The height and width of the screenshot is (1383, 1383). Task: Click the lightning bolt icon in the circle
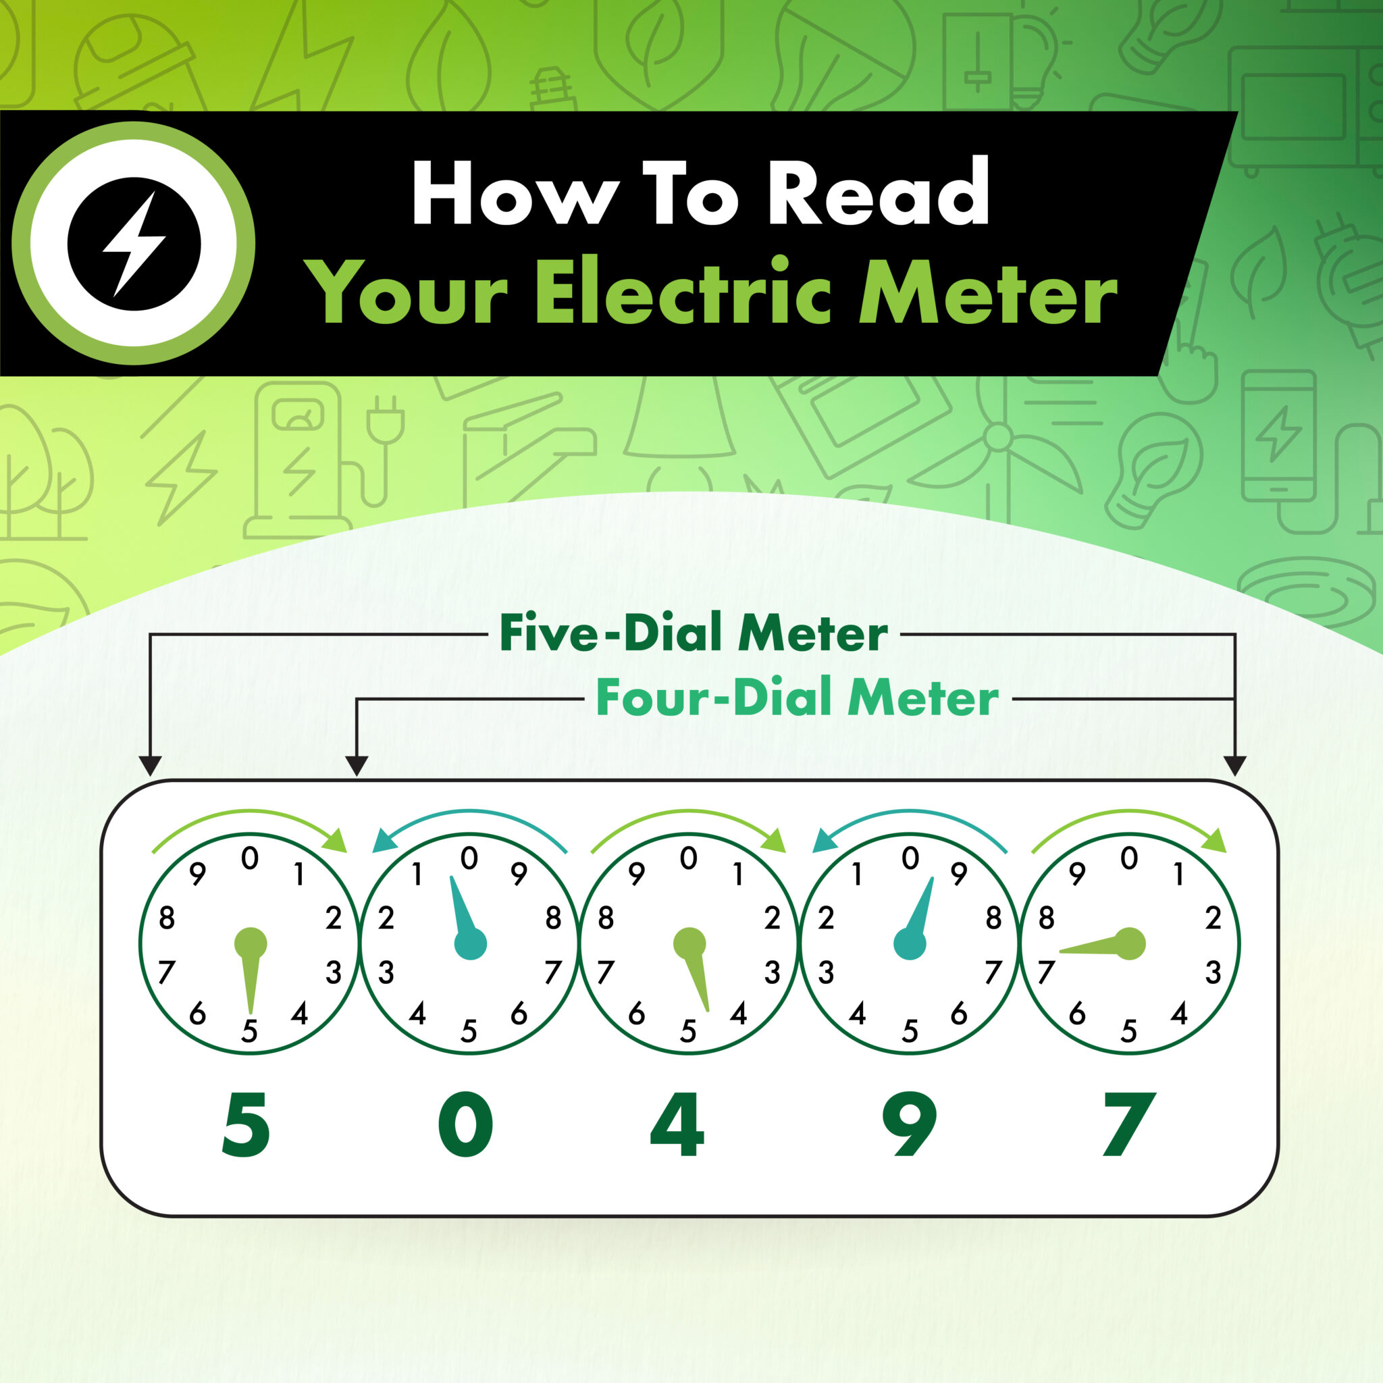(x=134, y=243)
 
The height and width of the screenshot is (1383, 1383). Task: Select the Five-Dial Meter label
(x=693, y=633)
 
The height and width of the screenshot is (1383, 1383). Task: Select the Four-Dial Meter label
(x=797, y=698)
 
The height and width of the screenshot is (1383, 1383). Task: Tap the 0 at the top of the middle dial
(x=689, y=858)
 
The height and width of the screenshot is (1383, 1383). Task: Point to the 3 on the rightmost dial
(x=1213, y=973)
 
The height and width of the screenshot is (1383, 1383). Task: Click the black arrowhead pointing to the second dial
(x=357, y=766)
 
